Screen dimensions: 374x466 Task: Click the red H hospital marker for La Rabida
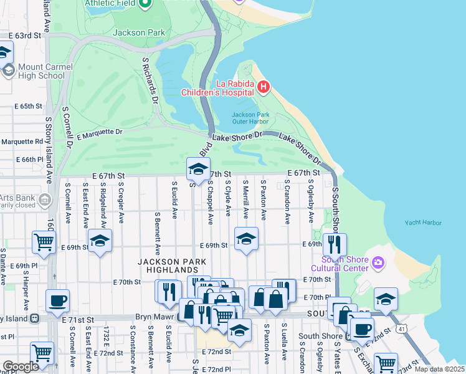pyautogui.click(x=263, y=86)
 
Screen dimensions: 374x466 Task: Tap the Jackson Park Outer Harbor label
pyautogui.click(x=249, y=118)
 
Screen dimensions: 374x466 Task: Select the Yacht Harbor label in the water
pyautogui.click(x=422, y=223)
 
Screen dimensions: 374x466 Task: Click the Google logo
pyautogui.click(x=21, y=367)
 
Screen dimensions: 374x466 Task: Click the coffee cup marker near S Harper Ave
pyautogui.click(x=57, y=301)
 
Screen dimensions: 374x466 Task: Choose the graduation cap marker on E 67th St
pyautogui.click(x=198, y=168)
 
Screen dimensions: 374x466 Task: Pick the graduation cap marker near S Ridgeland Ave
pyautogui.click(x=99, y=240)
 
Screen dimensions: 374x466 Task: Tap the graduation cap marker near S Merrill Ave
pyautogui.click(x=246, y=239)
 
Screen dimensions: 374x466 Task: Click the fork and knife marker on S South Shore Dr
pyautogui.click(x=335, y=244)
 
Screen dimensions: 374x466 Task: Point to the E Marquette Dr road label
pyautogui.click(x=99, y=132)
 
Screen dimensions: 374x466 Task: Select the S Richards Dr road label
pyautogui.click(x=151, y=80)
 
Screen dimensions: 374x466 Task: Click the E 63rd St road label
pyautogui.click(x=24, y=36)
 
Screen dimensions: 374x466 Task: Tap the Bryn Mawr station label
pyautogui.click(x=156, y=317)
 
